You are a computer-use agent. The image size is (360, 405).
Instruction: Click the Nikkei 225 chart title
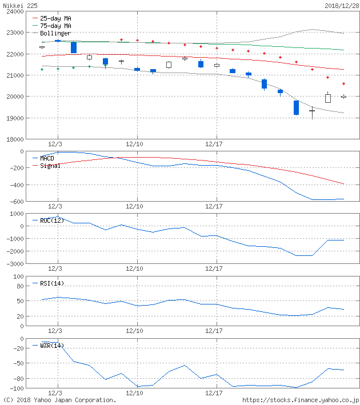[18, 5]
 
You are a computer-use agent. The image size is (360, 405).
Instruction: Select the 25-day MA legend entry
[55, 18]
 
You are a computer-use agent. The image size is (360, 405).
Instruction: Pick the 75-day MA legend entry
[55, 26]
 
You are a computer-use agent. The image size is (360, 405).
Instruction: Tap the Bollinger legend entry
[55, 33]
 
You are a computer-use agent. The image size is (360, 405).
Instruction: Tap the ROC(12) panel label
[51, 220]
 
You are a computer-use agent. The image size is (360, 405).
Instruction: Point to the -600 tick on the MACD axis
[17, 201]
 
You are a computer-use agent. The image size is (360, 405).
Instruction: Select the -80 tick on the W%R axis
[18, 378]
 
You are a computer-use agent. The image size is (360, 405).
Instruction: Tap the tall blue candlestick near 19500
[296, 107]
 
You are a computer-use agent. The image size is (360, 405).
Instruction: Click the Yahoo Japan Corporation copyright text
[59, 400]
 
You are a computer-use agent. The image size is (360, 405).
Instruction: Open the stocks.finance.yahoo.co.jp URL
[301, 400]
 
